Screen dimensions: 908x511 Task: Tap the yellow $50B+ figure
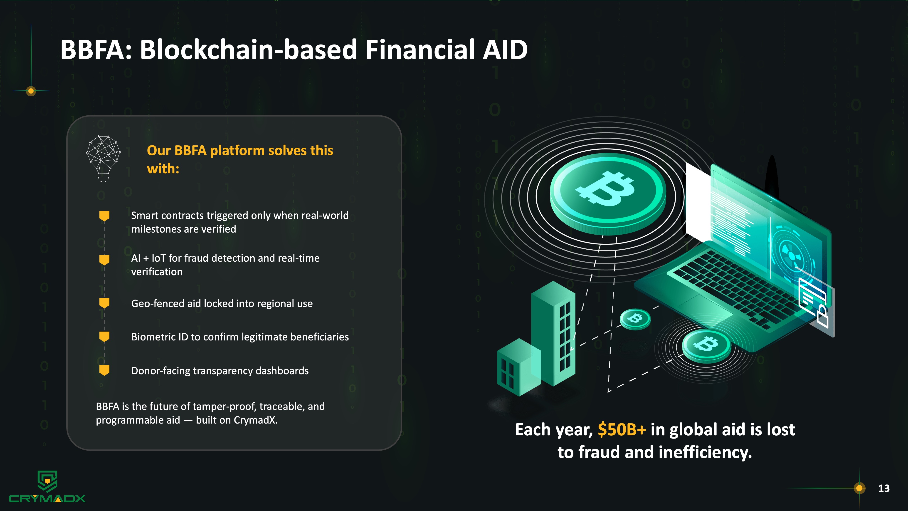(622, 429)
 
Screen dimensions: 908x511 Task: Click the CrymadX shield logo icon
(47, 481)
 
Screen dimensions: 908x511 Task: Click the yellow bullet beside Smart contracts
(104, 216)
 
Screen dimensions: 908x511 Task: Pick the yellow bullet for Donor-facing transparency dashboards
(104, 370)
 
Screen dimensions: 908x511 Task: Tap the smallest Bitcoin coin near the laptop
(635, 319)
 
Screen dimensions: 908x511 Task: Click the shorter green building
(519, 367)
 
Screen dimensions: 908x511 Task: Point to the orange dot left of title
(31, 91)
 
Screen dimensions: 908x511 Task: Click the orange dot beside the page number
(859, 488)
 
